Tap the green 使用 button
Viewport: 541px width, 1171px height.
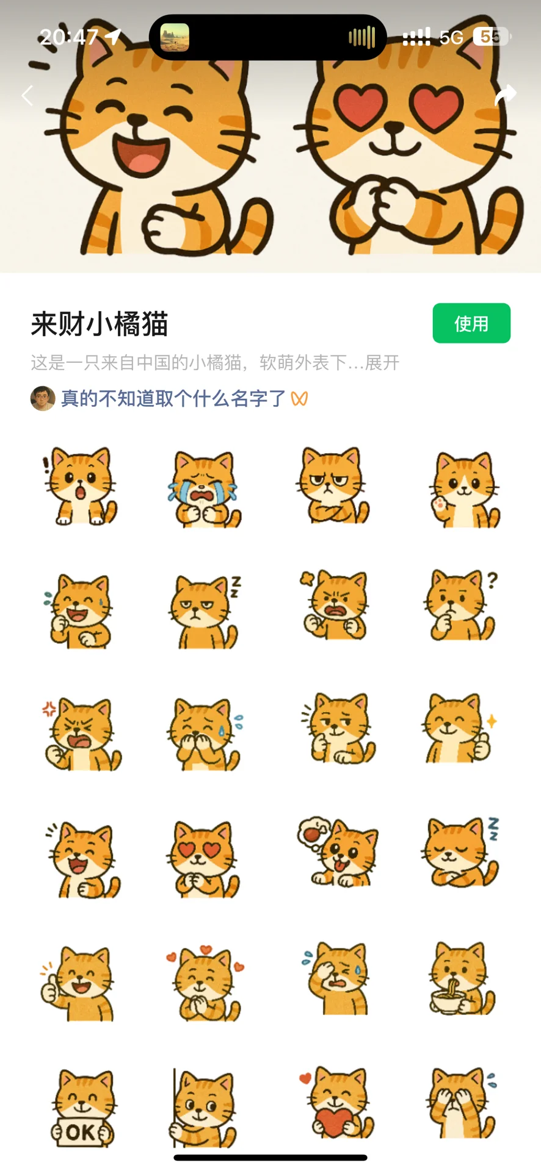471,323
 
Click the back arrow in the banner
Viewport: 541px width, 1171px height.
27,95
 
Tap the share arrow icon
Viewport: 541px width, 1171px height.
505,95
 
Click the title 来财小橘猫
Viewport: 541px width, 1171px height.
100,324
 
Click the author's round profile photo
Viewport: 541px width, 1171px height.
43,398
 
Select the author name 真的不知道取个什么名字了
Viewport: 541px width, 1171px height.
173,398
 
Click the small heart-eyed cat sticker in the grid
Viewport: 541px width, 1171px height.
203,859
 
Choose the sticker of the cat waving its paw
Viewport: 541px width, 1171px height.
464,489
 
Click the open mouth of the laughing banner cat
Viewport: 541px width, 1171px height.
140,154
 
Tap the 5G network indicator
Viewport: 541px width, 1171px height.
451,38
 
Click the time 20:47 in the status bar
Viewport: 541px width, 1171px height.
68,37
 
